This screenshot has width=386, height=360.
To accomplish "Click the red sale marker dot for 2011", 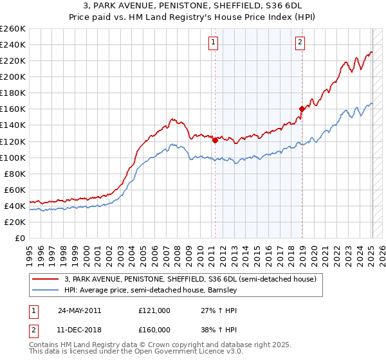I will coord(215,140).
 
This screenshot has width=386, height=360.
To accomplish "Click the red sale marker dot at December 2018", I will coord(302,109).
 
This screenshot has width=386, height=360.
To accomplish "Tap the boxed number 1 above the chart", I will coord(214,43).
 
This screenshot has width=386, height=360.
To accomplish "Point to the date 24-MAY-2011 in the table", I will coord(79,310).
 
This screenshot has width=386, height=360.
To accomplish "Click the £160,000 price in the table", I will coord(154,330).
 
